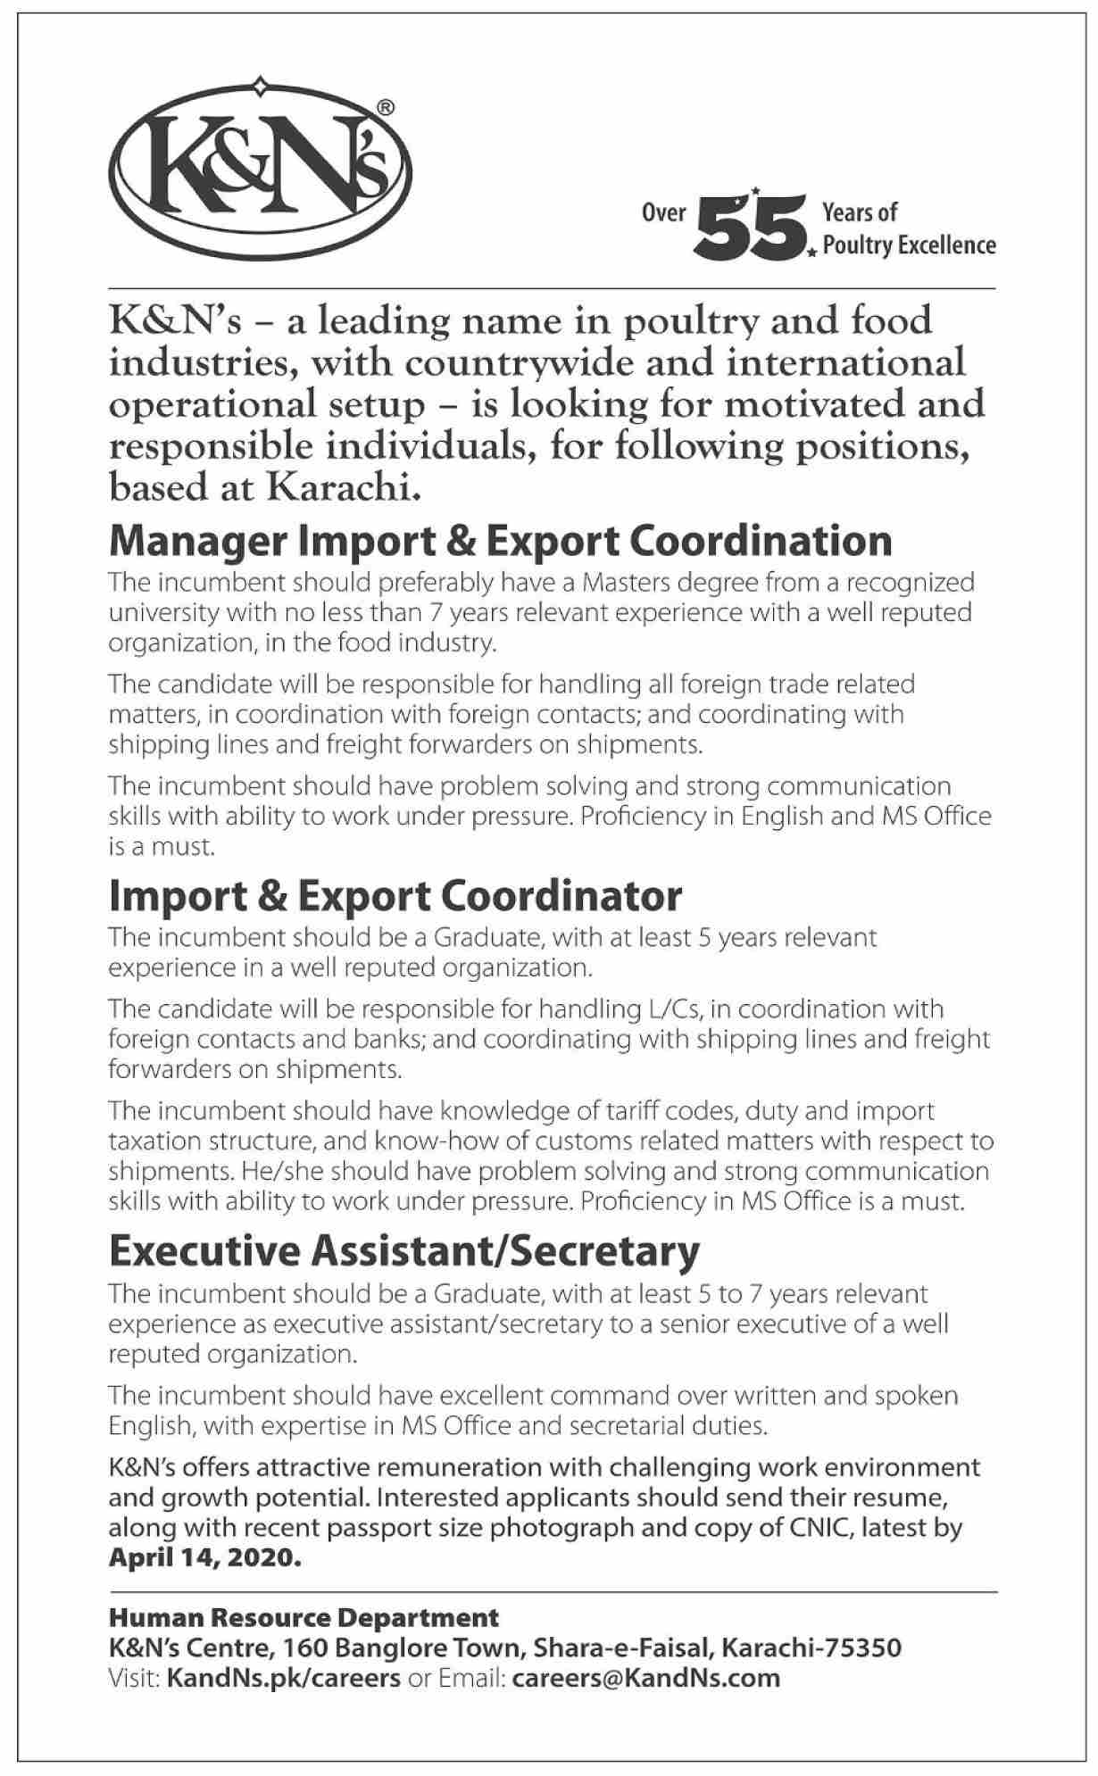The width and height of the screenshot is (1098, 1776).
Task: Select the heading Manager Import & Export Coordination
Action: click(500, 541)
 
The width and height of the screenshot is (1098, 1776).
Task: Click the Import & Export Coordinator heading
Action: click(395, 896)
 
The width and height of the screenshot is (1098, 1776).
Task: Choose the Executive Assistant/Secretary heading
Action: click(403, 1251)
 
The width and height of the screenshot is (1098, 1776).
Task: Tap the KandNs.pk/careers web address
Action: click(283, 1678)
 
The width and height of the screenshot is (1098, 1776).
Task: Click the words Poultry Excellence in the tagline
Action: click(909, 245)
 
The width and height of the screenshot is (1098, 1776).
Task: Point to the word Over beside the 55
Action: click(664, 212)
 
